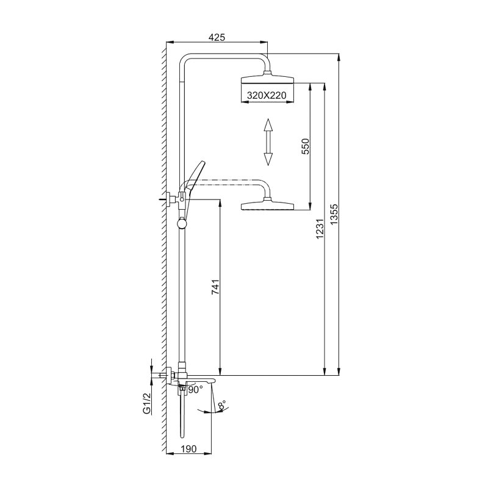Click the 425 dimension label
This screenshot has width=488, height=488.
pos(217,37)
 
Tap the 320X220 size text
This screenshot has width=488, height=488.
pos(267,95)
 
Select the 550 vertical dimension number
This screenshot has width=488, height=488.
pos(306,146)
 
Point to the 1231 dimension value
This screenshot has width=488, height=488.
pos(320,229)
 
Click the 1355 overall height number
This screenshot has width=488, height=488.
pos(334,214)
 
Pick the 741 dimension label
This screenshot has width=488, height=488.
pos(215,287)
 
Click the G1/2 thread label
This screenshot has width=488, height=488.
pos(146,403)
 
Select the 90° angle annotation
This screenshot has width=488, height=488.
pos(195,389)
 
